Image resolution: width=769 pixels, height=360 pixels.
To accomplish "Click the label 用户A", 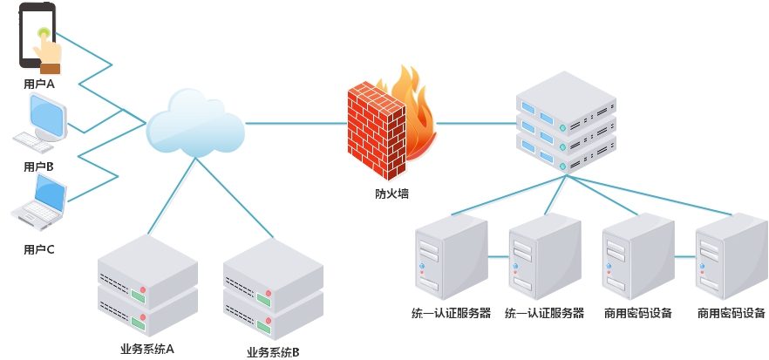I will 39,84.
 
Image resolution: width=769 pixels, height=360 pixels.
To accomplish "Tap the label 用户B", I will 39,166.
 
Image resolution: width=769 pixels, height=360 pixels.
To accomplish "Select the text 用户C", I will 39,249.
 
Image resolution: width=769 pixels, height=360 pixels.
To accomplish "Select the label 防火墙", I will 385,194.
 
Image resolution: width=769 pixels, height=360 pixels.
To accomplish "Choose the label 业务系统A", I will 147,349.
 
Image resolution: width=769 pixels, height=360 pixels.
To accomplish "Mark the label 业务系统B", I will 273,352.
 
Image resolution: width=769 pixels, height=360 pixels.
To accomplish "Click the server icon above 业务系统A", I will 147,283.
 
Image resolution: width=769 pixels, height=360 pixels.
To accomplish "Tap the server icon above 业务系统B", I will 273,289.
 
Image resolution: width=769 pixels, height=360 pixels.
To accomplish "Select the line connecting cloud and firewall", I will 296,124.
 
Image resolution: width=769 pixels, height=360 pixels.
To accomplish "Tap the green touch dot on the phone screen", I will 42,34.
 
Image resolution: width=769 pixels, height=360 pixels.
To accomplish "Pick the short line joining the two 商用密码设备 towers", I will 684,257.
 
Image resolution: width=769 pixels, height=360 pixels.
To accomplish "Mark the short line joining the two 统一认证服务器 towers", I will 498,257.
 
